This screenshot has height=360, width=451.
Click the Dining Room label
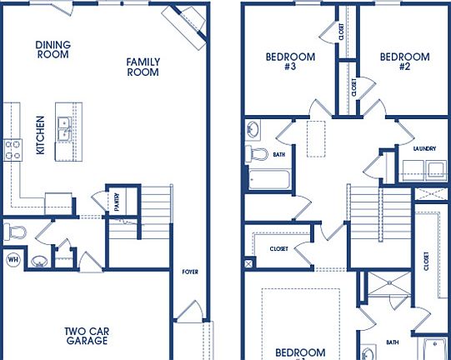coord(53,49)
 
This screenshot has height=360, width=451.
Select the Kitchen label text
coord(39,135)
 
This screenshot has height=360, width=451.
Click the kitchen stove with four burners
coord(13,150)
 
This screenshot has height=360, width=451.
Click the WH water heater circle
coord(13,259)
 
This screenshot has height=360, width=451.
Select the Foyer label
coord(191,272)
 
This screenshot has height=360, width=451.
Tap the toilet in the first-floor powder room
coord(13,230)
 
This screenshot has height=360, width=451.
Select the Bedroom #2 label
coord(404,62)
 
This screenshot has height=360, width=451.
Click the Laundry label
coord(423,148)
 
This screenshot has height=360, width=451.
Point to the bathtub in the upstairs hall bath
coord(268,179)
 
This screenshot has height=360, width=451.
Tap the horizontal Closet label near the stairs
coord(278,248)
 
